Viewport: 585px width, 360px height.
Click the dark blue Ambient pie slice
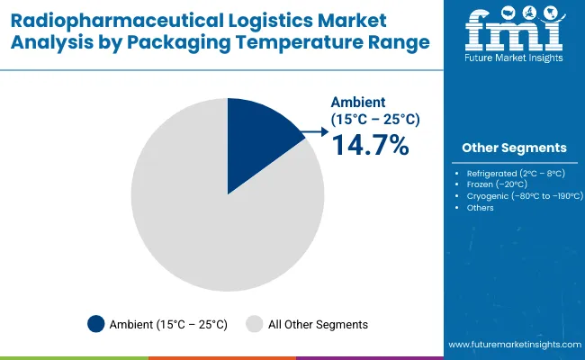point(256,139)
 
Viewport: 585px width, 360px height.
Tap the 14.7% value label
point(370,144)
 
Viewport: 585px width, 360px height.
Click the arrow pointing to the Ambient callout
point(317,132)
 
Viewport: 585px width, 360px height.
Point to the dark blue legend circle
point(96,324)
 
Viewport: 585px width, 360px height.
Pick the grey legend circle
point(255,324)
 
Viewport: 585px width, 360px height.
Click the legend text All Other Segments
point(318,324)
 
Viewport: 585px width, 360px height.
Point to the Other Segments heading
point(514,147)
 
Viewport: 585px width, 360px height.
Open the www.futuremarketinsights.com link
point(512,345)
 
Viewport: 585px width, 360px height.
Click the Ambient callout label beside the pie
point(358,102)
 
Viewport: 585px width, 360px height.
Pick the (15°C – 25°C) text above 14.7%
point(375,118)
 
